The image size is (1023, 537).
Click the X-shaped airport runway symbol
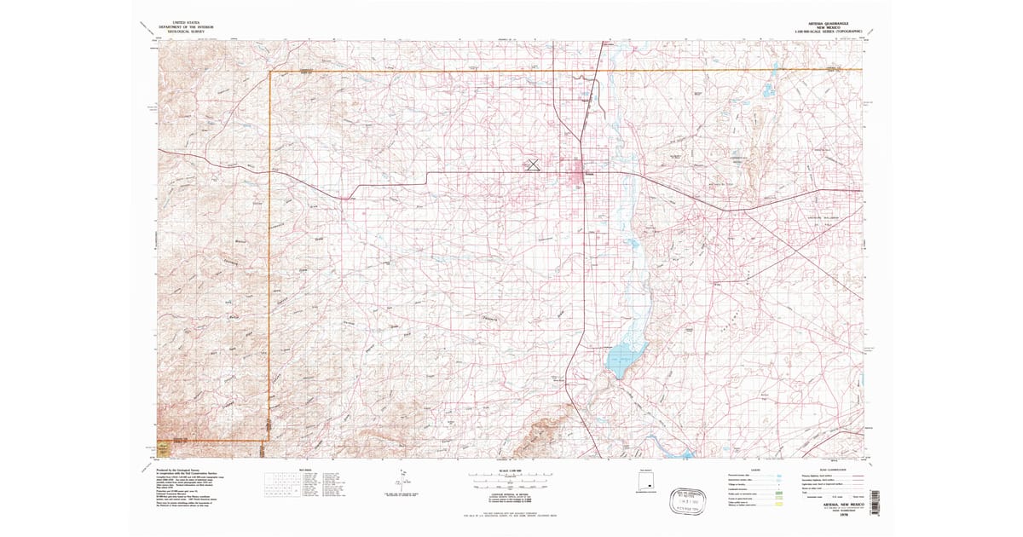pos(532,164)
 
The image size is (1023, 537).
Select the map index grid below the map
pos(282,485)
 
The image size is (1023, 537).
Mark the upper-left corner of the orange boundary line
pos(270,72)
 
